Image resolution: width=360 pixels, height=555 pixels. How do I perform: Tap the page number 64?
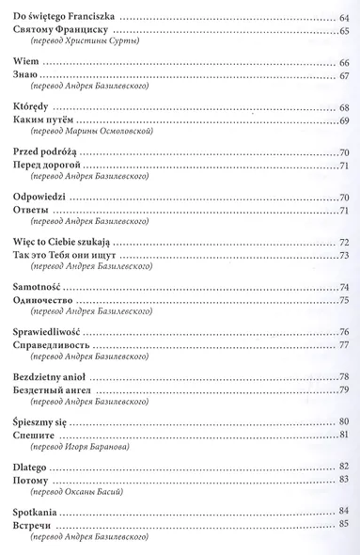(x=344, y=18)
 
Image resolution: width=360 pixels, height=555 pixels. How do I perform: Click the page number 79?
(x=344, y=390)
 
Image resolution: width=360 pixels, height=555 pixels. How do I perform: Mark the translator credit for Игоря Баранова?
(x=79, y=448)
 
